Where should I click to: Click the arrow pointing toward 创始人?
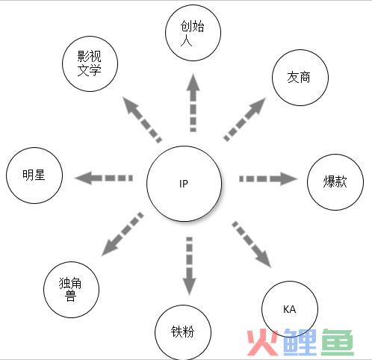(193, 102)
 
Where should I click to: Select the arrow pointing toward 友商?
(245, 120)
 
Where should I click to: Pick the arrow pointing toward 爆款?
(268, 179)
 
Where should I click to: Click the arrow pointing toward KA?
(252, 244)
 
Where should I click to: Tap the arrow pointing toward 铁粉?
(190, 267)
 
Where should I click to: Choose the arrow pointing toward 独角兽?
(123, 234)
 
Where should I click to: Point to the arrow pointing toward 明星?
(103, 178)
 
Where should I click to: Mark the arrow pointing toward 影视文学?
(142, 120)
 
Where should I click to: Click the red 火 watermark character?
(262, 342)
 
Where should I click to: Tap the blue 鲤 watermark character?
(300, 342)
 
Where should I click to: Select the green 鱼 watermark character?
(338, 342)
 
